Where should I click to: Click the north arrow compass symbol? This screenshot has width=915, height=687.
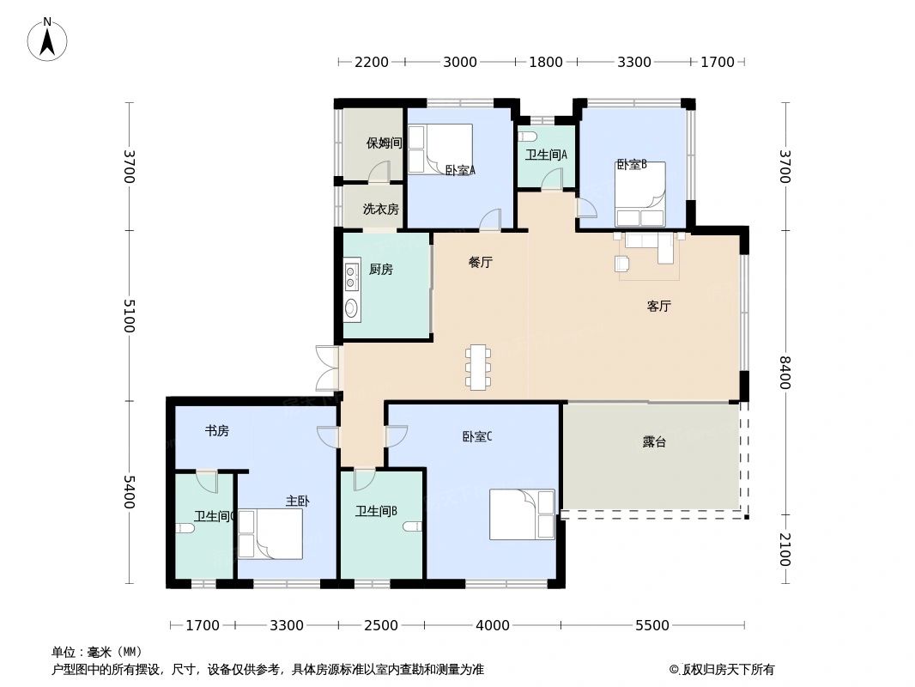(47, 39)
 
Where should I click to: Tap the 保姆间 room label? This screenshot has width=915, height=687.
(384, 143)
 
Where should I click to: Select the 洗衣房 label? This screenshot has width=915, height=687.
(380, 209)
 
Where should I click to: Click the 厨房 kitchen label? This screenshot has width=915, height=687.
(380, 269)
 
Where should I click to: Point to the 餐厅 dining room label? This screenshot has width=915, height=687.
(481, 262)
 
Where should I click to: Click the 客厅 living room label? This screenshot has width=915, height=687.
(659, 306)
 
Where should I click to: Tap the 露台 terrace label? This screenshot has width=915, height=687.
(654, 442)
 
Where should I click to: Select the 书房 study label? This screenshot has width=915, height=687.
(216, 431)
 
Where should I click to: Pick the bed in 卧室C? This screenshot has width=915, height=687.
(522, 514)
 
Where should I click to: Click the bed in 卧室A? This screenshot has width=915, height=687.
(440, 149)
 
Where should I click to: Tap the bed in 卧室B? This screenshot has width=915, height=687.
(640, 194)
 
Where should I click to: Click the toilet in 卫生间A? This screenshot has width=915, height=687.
(528, 137)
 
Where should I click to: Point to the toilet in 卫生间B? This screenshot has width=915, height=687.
(412, 526)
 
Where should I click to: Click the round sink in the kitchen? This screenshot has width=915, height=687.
(351, 307)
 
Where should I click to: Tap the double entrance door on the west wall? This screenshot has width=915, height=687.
(328, 368)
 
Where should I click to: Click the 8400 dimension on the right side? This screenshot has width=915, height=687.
(785, 373)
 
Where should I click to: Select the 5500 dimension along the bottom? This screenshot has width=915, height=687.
(651, 625)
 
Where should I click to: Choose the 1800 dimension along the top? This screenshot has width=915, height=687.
(546, 62)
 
